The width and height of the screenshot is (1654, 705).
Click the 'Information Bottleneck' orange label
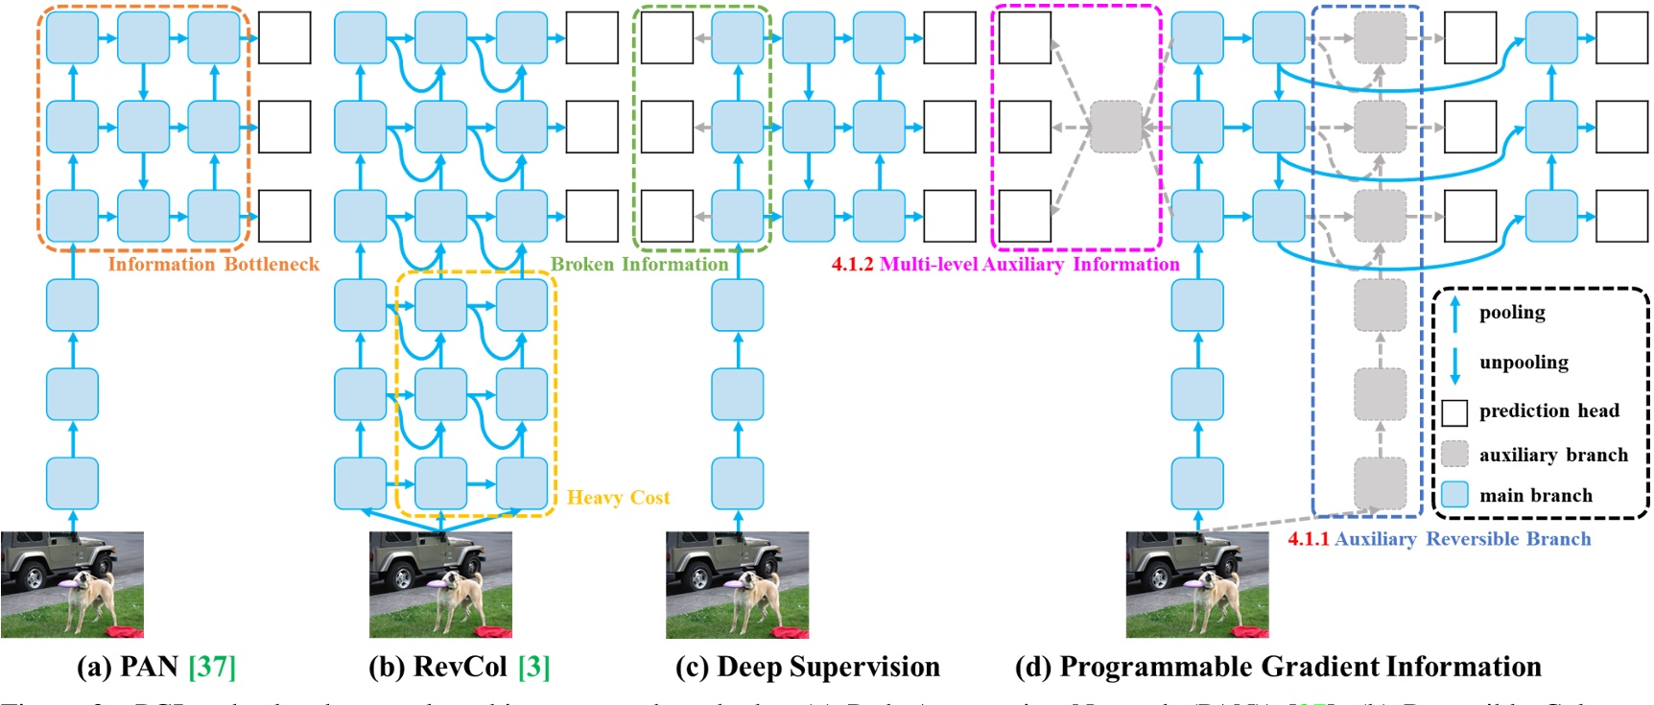[x=213, y=265]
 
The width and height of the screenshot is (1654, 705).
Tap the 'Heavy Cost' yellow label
[x=618, y=498]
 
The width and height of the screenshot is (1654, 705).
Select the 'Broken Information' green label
[x=639, y=265]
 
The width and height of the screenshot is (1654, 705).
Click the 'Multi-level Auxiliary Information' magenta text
[x=1029, y=265]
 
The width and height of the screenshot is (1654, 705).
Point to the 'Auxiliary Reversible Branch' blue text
[x=1462, y=539]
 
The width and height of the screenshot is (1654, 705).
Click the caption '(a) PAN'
[x=128, y=667]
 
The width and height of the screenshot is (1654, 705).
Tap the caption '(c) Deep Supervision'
[x=807, y=667]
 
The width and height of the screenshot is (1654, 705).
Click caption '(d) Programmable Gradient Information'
[x=1278, y=667]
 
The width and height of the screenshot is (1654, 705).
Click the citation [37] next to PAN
[x=212, y=667]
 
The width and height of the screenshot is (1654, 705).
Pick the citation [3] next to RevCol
[x=534, y=667]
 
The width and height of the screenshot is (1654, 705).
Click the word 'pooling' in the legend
[x=1512, y=313]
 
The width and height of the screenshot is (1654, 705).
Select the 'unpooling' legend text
[x=1524, y=363]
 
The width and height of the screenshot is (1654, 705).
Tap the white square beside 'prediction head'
[x=1454, y=412]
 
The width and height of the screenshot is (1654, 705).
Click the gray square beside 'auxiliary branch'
[x=1454, y=454]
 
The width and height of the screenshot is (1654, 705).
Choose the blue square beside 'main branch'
[x=1454, y=495]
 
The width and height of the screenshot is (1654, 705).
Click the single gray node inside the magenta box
[x=1116, y=127]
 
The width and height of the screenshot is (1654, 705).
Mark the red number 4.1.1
[x=1308, y=539]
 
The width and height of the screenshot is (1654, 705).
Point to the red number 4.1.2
[x=852, y=265]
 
